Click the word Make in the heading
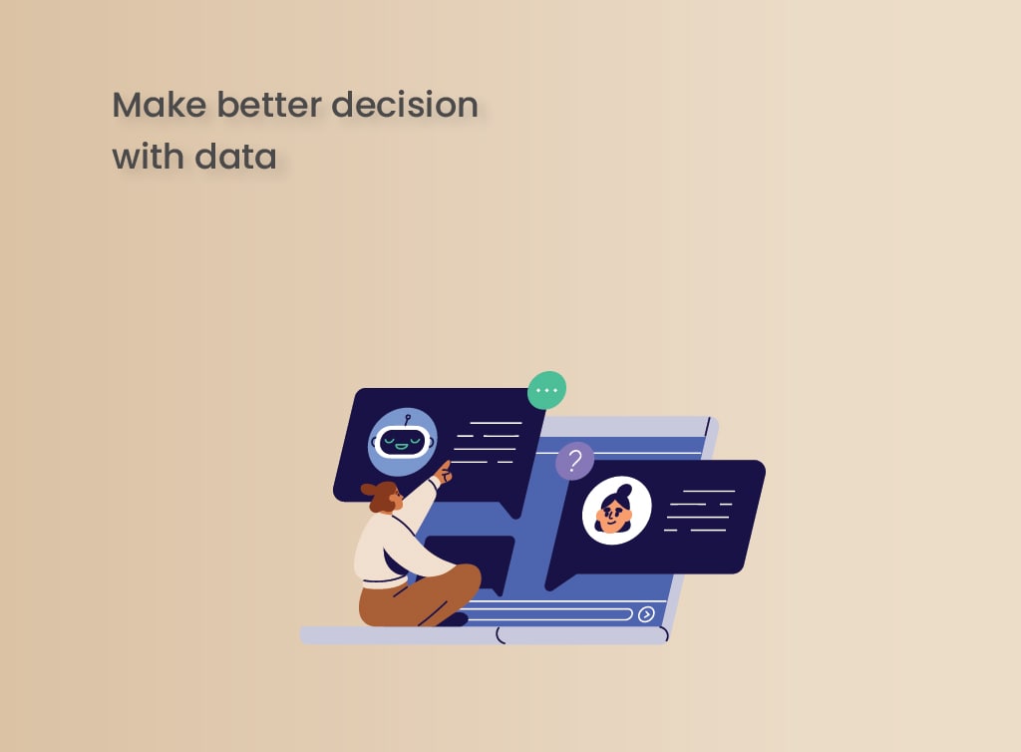pos(160,105)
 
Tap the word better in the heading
pos(269,105)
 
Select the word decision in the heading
pos(405,105)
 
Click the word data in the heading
pos(235,157)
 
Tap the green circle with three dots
pos(547,390)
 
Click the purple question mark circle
pos(574,461)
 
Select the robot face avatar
pos(403,442)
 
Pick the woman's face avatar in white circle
pos(616,510)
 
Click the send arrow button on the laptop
pos(646,614)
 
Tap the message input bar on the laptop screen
pos(547,614)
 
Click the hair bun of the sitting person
pos(369,489)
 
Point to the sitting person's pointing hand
pos(444,472)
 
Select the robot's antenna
pos(407,419)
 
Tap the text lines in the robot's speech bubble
pos(487,442)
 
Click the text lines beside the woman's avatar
pos(700,510)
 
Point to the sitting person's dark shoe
pos(454,619)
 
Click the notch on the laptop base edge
pos(501,634)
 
